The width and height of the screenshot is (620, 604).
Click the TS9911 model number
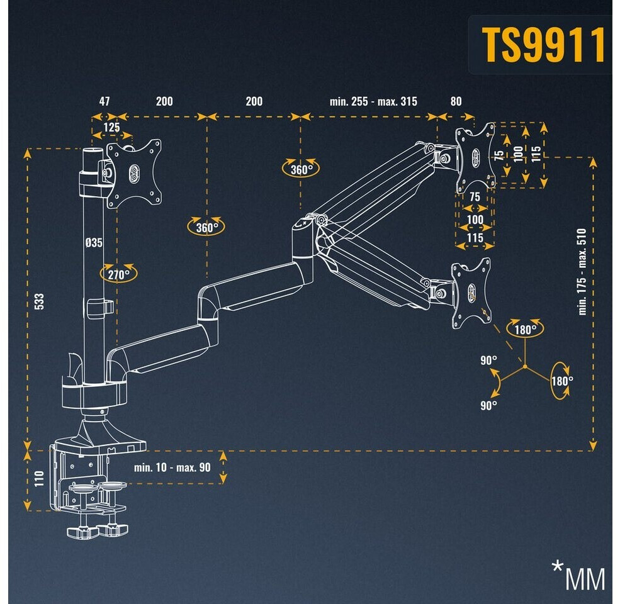(x=543, y=45)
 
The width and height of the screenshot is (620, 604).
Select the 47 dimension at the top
(x=104, y=101)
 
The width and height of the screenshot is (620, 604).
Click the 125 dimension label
(x=111, y=128)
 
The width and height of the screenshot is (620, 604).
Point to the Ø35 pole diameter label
(x=94, y=242)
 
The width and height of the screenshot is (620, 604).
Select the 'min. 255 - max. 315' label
(x=373, y=101)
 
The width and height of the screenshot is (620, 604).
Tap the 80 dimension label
(x=456, y=101)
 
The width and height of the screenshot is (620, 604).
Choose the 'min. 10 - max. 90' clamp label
(x=172, y=467)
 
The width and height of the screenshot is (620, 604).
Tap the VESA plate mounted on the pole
(x=133, y=173)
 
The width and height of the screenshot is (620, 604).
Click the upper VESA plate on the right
(x=475, y=156)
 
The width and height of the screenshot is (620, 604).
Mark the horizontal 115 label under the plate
(x=475, y=238)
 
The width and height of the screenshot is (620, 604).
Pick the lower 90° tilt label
(x=488, y=406)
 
